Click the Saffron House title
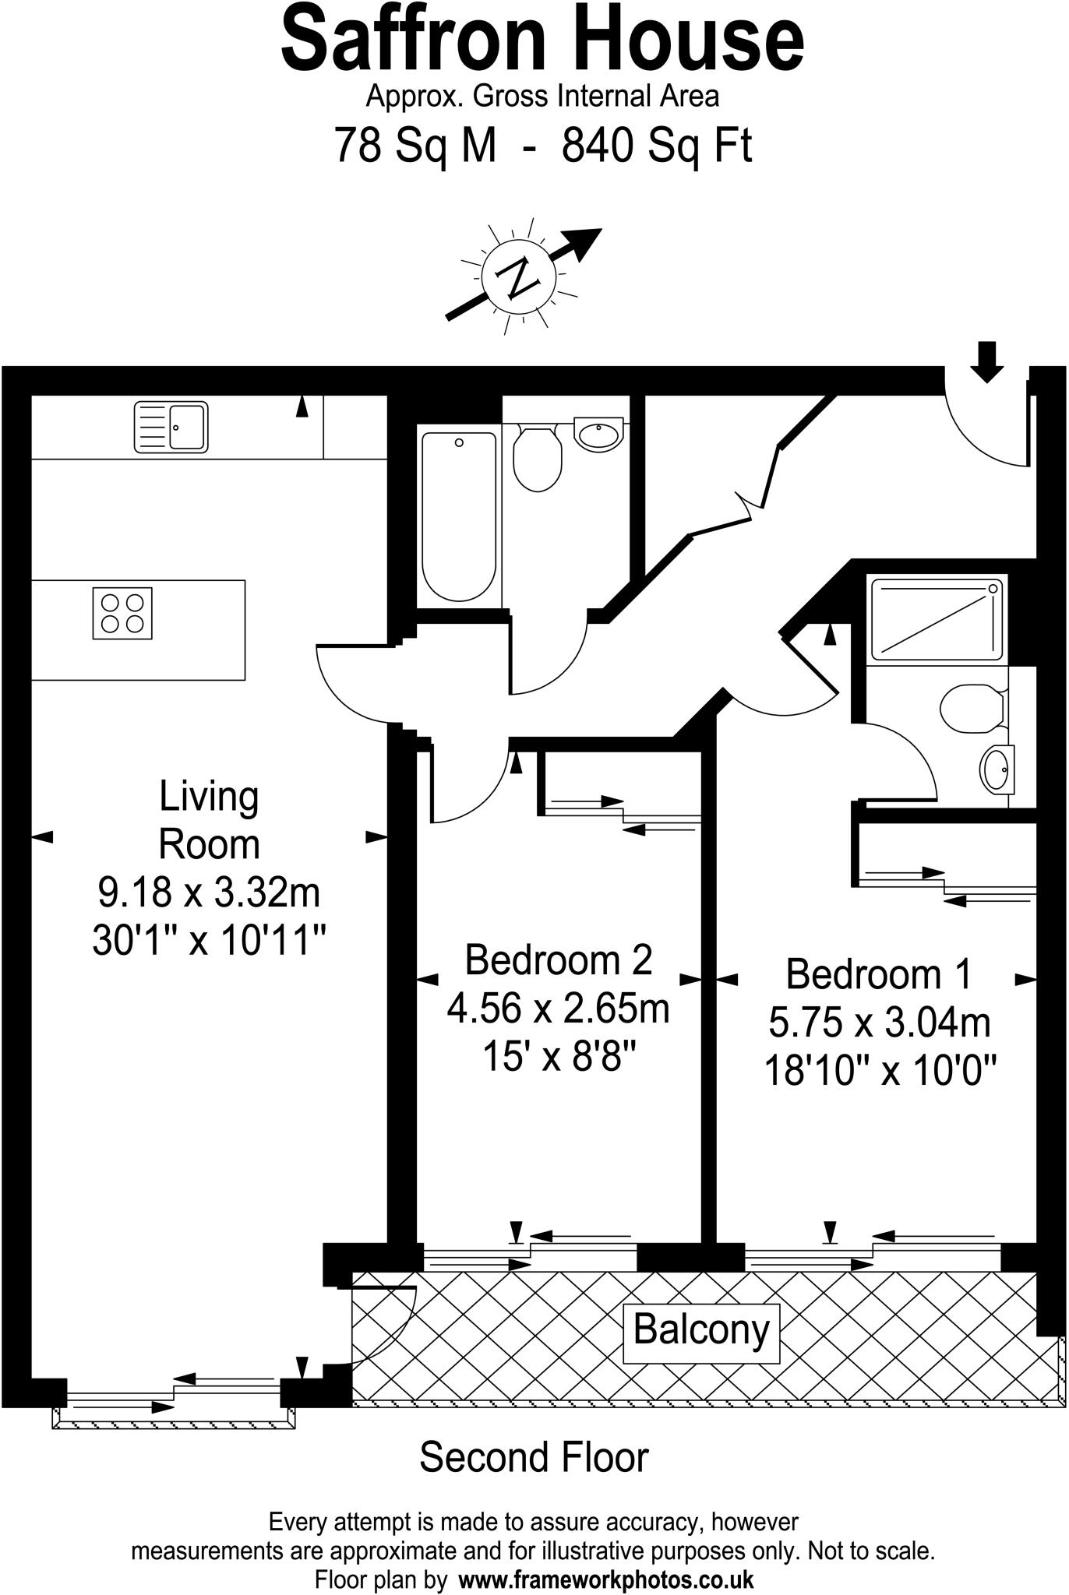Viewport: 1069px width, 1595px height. point(542,39)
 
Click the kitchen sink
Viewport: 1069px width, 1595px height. point(171,427)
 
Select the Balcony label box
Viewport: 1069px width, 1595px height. point(701,1329)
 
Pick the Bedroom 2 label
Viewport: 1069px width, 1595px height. point(558,959)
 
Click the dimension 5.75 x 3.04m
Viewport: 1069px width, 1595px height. point(880,1023)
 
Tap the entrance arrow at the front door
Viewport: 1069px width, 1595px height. point(987,361)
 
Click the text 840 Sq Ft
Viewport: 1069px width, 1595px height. point(657,145)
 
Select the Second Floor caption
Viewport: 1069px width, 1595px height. point(534,1458)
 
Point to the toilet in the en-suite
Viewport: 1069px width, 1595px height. point(971,707)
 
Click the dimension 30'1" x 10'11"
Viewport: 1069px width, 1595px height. point(208,942)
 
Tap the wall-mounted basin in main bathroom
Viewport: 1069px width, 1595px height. point(598,432)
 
